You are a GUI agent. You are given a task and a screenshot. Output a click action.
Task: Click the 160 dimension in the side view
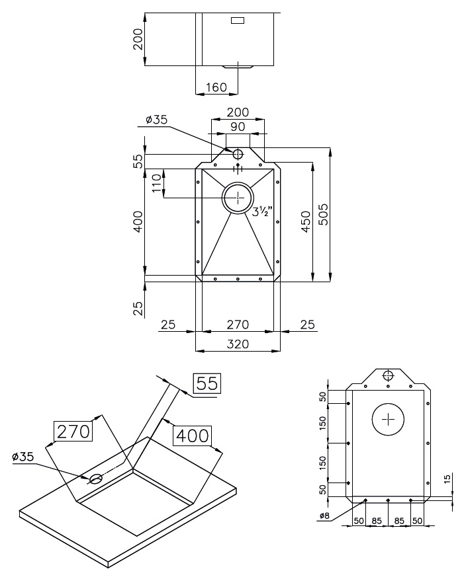point(216,87)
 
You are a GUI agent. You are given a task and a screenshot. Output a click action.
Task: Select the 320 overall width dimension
point(238,344)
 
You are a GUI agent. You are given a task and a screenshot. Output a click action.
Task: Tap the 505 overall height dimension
point(324,214)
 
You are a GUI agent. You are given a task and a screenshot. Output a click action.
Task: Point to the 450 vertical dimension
point(306,218)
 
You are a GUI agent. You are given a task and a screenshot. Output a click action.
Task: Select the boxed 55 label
point(207,383)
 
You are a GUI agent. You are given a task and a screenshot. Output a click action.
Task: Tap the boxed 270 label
point(73,432)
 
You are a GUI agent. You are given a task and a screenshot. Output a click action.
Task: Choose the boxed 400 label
point(191,436)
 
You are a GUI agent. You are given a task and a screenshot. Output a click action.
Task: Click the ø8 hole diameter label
point(324,516)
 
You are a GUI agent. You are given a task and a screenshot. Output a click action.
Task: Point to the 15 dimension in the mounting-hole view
point(447,479)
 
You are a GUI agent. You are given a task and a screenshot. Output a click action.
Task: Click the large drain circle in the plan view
point(238,197)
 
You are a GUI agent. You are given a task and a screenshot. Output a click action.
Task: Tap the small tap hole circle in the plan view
point(238,154)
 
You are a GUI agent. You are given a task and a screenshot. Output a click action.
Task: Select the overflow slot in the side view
point(237,20)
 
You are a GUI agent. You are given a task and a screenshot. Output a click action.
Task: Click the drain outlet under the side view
point(237,66)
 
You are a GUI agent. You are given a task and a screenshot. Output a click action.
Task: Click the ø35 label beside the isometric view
point(23,457)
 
